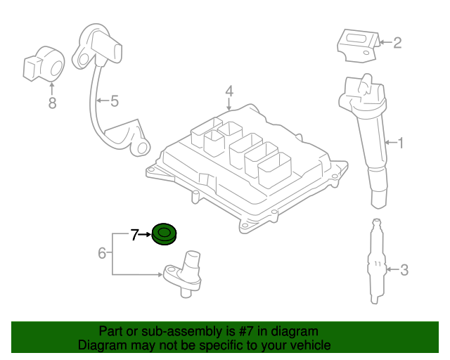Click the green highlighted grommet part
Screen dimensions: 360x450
pyautogui.click(x=165, y=233)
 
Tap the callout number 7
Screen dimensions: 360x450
pyautogui.click(x=135, y=234)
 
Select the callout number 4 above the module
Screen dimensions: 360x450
pyautogui.click(x=229, y=91)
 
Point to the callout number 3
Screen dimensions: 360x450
pyautogui.click(x=404, y=269)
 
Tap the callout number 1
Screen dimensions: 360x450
pyautogui.click(x=401, y=143)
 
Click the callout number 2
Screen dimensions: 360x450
pyautogui.click(x=397, y=44)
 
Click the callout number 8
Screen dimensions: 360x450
pyautogui.click(x=51, y=103)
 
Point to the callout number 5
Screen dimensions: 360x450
pyautogui.click(x=115, y=101)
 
